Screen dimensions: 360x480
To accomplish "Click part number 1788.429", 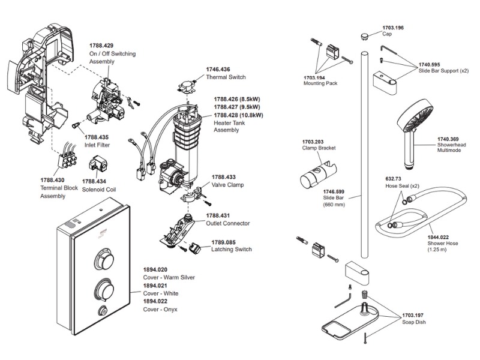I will point(101,46).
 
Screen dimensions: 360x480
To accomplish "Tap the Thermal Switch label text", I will point(226,77).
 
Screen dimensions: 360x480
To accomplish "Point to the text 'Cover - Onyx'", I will point(160,309).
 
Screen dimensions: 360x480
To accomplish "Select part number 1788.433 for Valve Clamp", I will point(223,178).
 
